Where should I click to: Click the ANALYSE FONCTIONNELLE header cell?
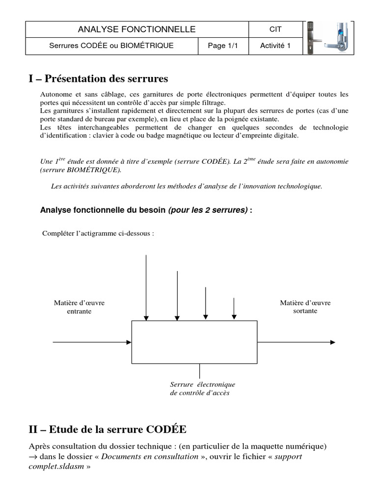[x=136, y=29]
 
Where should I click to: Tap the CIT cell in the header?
[x=275, y=29]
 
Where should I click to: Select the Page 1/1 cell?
[x=223, y=46]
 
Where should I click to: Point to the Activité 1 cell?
[x=275, y=46]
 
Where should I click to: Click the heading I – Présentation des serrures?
[x=98, y=78]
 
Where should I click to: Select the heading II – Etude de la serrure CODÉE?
[x=108, y=429]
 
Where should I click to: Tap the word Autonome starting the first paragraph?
[x=54, y=94]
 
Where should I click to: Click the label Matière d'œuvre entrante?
[x=79, y=307]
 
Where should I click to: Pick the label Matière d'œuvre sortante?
[x=305, y=307]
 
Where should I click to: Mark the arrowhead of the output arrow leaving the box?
[x=333, y=342]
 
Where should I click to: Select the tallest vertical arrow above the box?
[x=146, y=287]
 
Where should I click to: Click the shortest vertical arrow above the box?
[x=234, y=309]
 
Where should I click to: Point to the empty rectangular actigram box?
[x=194, y=342]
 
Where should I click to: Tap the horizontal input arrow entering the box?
[x=92, y=342]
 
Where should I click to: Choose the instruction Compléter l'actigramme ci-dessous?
[x=98, y=233]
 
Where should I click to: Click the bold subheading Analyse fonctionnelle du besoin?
[x=103, y=210]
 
